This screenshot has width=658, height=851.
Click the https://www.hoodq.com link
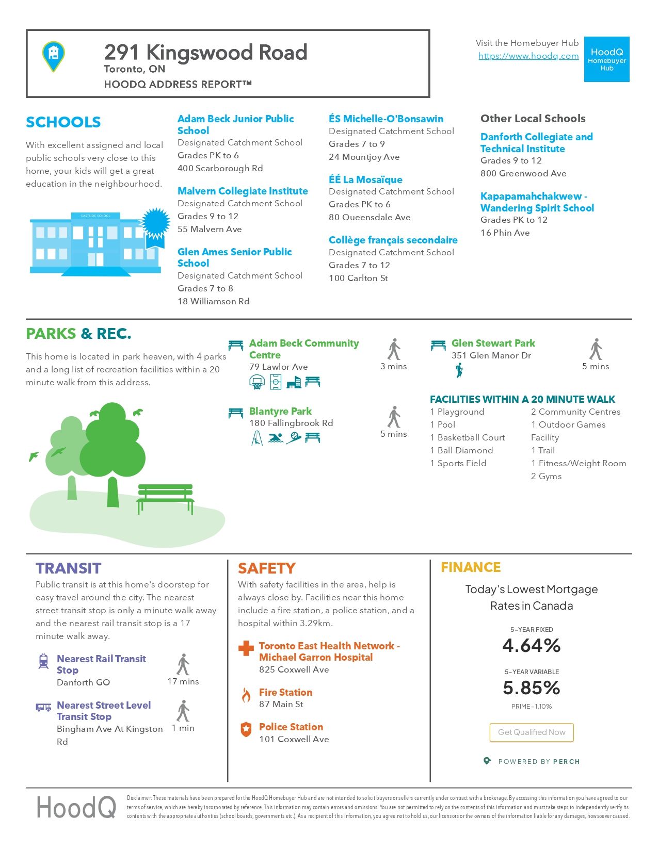point(528,56)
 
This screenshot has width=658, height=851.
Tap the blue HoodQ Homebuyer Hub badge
point(606,59)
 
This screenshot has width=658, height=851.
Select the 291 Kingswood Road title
point(205,52)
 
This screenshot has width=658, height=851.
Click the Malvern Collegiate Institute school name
point(243,191)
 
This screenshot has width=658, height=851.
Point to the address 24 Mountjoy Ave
point(364,157)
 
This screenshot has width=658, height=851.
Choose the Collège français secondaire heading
point(393,240)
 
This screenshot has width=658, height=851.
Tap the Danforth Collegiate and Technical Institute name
point(536,143)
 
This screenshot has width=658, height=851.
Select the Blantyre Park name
point(280,411)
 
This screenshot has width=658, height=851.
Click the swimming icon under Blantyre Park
point(275,438)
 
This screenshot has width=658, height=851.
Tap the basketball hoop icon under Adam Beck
point(256,382)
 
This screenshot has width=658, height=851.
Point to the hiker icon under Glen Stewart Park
point(459,370)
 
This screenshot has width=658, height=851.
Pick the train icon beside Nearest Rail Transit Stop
point(44,661)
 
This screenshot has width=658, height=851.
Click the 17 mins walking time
point(183,681)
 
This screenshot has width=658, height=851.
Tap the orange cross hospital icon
point(246,648)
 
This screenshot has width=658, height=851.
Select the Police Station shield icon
point(246,729)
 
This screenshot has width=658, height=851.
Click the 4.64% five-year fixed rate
point(531,645)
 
